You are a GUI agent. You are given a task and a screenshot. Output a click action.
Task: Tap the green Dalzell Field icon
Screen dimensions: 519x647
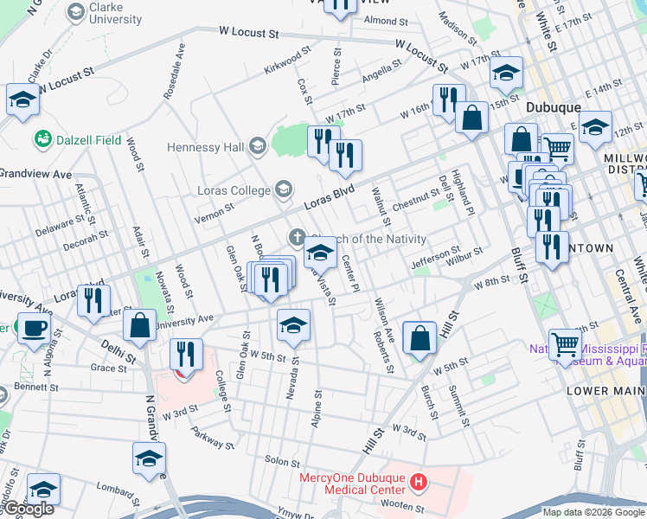click(x=42, y=138)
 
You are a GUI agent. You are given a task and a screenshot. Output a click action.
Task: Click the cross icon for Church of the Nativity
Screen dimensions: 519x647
click(x=297, y=238)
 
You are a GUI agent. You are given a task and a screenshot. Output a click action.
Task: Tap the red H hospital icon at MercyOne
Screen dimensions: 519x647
click(x=419, y=481)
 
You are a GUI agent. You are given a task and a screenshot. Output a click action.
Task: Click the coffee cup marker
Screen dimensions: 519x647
click(x=35, y=329)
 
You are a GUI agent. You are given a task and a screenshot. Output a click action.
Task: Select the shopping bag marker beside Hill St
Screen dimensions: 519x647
click(x=420, y=339)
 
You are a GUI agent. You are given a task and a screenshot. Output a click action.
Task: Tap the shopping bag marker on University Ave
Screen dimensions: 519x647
click(x=139, y=326)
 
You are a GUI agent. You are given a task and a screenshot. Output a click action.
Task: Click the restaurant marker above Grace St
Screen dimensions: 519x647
click(x=186, y=355)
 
